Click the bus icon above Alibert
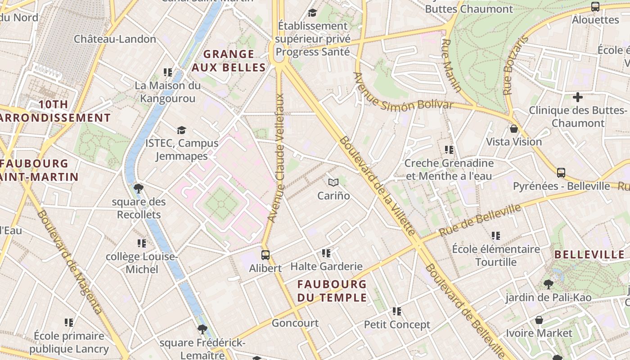point(265,255)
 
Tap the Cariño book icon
point(333,182)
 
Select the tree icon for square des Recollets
point(139,188)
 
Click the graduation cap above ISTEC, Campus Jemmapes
point(181,130)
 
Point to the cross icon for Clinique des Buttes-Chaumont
point(578,97)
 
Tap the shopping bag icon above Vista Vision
point(514,129)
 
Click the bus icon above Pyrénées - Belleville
point(561,172)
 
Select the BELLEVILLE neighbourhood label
point(589,255)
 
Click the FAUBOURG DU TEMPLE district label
point(332,291)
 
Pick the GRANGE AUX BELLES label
point(228,61)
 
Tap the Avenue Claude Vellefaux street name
point(277,157)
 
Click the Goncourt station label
point(295,323)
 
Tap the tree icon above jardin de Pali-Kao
point(548,284)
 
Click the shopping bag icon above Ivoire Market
point(539,320)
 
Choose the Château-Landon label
point(115,39)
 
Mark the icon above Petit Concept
point(396,311)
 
